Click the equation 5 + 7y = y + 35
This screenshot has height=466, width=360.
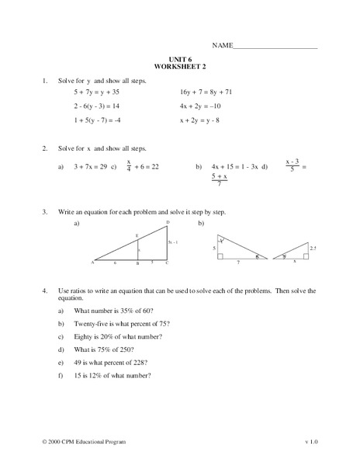pos(100,92)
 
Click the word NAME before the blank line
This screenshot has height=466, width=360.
pos(222,46)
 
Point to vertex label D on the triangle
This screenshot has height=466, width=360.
pos(168,223)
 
